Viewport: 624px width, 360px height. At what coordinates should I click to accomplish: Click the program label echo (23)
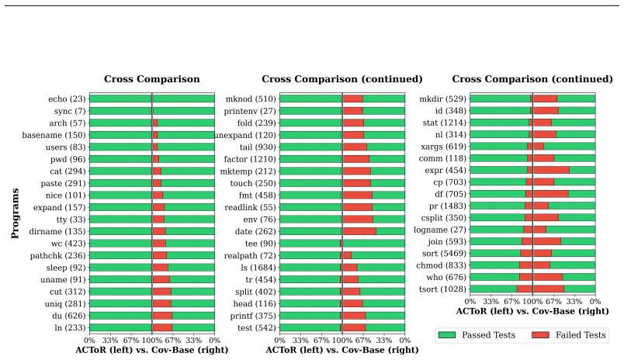(x=67, y=99)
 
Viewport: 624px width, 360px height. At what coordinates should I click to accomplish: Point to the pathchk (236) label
(x=57, y=255)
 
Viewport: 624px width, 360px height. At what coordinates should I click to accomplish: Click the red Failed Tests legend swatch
(x=540, y=335)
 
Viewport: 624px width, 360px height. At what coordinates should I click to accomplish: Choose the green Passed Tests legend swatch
(x=446, y=335)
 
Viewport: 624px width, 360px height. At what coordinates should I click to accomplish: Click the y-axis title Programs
(x=15, y=213)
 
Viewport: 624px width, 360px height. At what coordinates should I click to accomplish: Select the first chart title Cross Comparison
(x=152, y=79)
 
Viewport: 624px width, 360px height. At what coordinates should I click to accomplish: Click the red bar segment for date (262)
(x=359, y=231)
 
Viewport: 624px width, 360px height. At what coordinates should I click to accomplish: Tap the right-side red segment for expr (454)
(x=552, y=170)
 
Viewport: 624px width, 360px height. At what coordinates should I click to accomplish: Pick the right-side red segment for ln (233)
(x=162, y=327)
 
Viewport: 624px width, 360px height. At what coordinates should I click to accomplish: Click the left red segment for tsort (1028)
(x=525, y=289)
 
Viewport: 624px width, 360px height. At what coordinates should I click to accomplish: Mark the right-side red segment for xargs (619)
(x=539, y=147)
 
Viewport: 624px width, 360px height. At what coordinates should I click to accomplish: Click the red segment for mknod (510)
(x=353, y=99)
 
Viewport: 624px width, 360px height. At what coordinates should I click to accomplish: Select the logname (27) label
(x=439, y=230)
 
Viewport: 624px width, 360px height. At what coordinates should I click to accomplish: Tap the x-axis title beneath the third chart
(x=532, y=311)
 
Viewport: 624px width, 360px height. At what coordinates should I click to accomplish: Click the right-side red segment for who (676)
(x=548, y=277)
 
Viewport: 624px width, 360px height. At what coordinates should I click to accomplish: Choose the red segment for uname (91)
(x=161, y=279)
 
